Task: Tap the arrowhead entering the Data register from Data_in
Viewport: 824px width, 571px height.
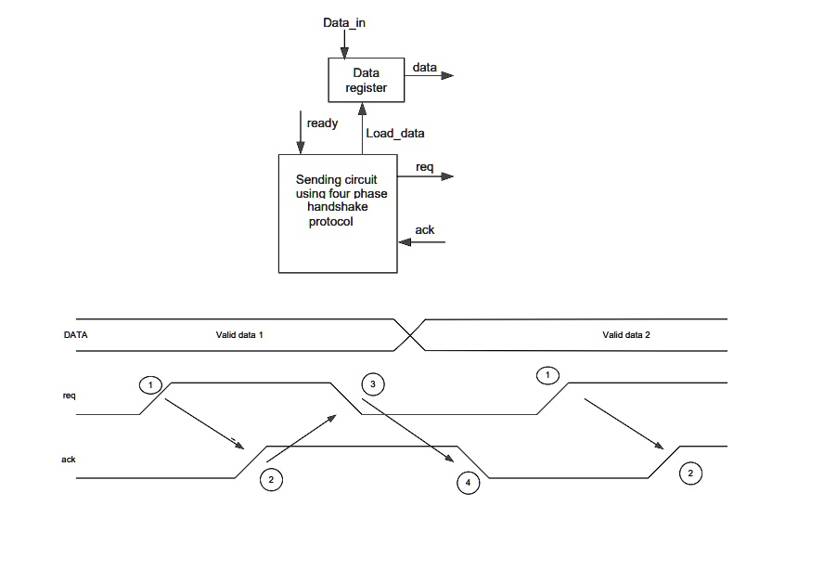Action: (344, 51)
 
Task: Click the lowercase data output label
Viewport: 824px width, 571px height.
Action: (425, 67)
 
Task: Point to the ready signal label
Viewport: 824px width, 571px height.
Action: (322, 123)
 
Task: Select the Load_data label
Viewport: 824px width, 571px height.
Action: (395, 133)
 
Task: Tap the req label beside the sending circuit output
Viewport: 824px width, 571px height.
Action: (425, 166)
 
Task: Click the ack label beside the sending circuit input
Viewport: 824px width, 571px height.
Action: (425, 229)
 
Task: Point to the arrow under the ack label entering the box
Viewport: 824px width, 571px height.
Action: (422, 243)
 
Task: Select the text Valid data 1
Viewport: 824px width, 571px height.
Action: (240, 333)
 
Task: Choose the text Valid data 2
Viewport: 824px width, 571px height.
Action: (626, 333)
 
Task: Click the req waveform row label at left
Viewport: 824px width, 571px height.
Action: (69, 396)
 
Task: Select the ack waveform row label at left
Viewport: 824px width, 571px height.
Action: (69, 459)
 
